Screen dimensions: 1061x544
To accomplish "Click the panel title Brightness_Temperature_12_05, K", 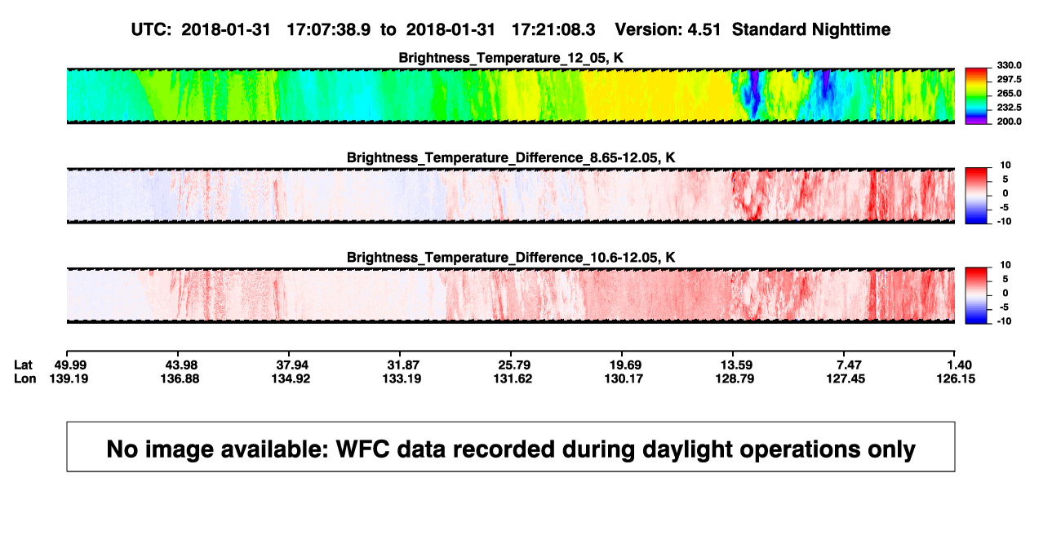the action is [x=511, y=58].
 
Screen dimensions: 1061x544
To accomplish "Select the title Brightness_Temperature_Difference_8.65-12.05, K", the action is [x=511, y=157].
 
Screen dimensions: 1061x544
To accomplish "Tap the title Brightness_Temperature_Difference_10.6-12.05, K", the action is [x=511, y=258].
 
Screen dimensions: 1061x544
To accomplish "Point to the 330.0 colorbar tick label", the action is [x=1009, y=65].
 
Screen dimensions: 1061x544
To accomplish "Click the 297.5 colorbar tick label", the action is [x=1009, y=80].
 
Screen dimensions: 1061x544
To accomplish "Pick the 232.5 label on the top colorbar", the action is [x=1009, y=108].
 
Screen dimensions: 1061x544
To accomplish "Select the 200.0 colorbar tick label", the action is [x=1009, y=122].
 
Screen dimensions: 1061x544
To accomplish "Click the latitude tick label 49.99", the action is [x=70, y=365].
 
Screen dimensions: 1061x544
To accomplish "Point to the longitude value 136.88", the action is [x=180, y=378].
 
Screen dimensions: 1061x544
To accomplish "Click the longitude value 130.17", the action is [x=624, y=378].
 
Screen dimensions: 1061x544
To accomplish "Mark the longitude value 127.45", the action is [x=846, y=378].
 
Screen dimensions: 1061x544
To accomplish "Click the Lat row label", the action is [x=23, y=365].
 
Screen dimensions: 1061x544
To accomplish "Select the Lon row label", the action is [x=24, y=378].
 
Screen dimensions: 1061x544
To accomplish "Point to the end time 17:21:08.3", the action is [x=553, y=30].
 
